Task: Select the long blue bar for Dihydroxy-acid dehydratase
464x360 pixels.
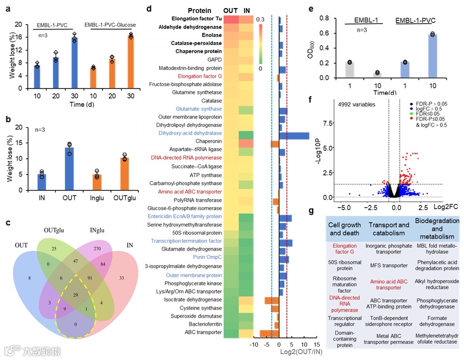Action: [x=294, y=136]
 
